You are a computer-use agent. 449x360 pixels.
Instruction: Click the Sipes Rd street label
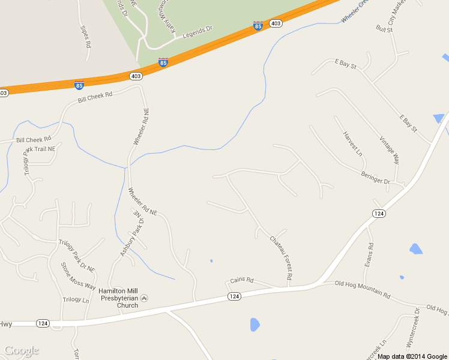click(85, 37)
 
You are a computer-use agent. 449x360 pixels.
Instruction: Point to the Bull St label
click(384, 28)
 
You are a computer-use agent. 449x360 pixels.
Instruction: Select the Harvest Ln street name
click(353, 144)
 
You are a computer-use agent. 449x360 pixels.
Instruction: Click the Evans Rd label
click(370, 254)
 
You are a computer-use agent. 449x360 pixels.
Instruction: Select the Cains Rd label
click(242, 280)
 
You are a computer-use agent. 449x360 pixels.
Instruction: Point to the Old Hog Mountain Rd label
click(363, 289)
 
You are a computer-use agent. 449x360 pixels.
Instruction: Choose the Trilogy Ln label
click(76, 299)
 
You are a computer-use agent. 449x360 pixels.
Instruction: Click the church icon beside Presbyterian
click(143, 298)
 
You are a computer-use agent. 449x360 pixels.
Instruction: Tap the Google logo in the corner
click(22, 350)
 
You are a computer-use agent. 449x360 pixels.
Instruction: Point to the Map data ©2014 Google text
click(412, 356)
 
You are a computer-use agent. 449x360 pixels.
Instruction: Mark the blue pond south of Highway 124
click(255, 325)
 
